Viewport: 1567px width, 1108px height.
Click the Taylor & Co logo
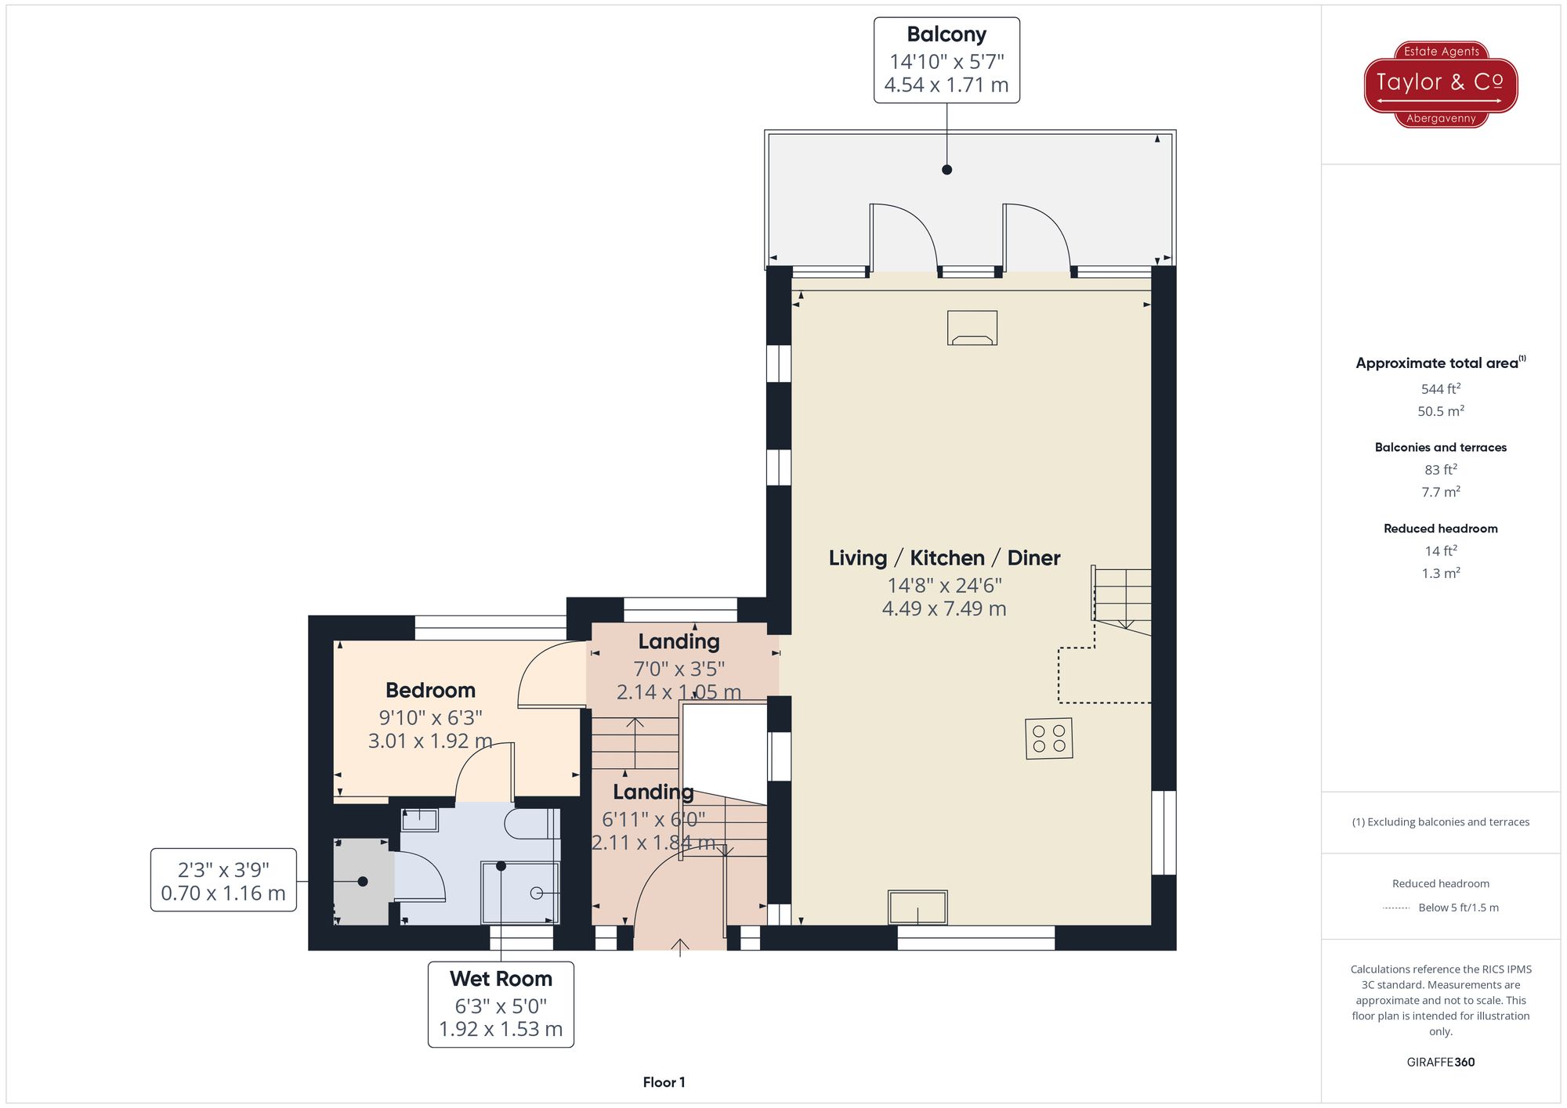click(x=1440, y=84)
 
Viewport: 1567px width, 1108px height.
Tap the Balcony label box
click(x=946, y=60)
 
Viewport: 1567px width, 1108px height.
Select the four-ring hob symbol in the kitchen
click(x=1048, y=738)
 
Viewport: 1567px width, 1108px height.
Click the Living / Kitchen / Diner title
click(x=944, y=558)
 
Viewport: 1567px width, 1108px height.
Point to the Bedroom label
click(x=430, y=691)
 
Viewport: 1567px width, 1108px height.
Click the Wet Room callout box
click(x=501, y=1004)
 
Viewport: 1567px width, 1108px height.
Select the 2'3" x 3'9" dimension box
click(x=223, y=880)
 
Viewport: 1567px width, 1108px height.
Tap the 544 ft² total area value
click(x=1440, y=389)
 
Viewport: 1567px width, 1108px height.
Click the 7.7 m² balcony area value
click(x=1440, y=493)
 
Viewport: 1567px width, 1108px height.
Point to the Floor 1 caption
click(x=664, y=1082)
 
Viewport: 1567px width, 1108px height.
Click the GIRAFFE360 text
click(x=1440, y=1063)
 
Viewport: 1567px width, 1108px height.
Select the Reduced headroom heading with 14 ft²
click(x=1440, y=529)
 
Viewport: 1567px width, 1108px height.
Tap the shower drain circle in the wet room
click(x=537, y=893)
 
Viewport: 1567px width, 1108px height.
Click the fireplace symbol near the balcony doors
click(x=972, y=328)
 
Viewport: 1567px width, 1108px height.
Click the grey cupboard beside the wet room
click(x=362, y=882)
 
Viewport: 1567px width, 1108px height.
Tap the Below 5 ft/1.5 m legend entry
click(x=1440, y=908)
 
